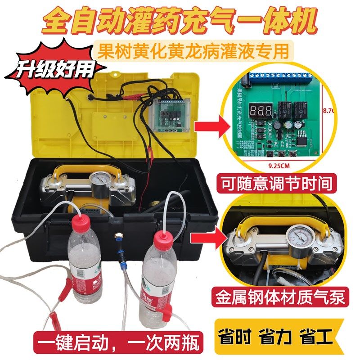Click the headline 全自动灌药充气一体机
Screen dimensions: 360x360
(x=180, y=20)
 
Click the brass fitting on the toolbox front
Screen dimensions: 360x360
(x=118, y=235)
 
